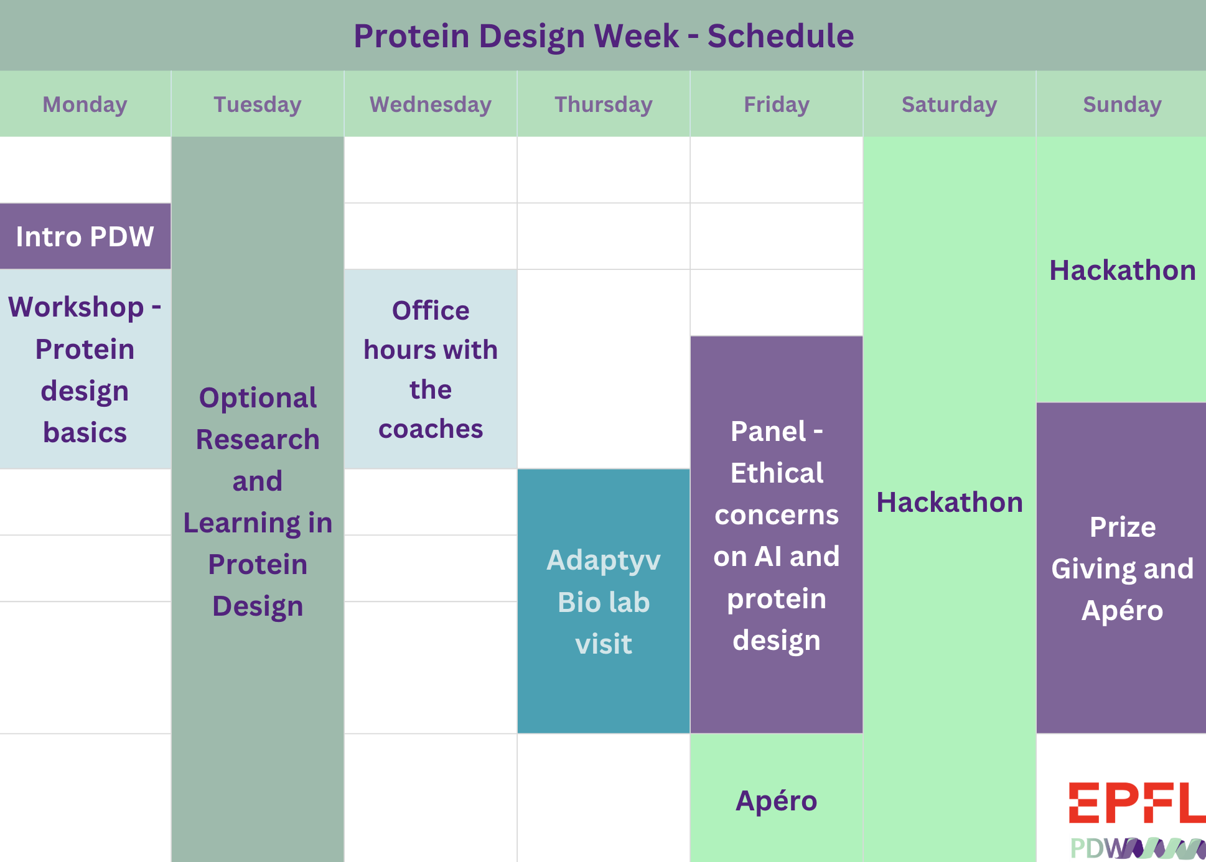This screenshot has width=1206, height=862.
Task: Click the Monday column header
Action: (85, 104)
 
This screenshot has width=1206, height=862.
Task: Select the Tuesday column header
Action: (257, 104)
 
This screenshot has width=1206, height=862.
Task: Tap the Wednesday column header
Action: (430, 104)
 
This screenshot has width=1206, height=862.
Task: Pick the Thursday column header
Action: (603, 104)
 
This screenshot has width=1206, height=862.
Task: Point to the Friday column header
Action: (776, 104)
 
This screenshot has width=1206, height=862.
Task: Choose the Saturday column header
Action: (949, 104)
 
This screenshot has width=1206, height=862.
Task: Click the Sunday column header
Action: (1122, 104)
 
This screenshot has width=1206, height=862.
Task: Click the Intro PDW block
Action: (85, 236)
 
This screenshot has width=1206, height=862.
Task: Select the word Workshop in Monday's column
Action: (76, 307)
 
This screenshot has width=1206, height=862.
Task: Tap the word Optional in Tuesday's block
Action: (257, 398)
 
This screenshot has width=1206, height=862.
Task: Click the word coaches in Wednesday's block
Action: (430, 429)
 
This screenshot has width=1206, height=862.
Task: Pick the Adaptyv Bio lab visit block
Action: (603, 601)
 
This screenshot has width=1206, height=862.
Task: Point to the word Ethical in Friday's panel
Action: (776, 473)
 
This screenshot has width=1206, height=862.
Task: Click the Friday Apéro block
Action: (776, 800)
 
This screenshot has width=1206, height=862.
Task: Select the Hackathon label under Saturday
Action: (949, 502)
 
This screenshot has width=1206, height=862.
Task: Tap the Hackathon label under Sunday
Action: (1122, 271)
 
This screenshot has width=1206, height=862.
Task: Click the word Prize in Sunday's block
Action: (1122, 527)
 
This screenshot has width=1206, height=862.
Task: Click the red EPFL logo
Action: (1136, 802)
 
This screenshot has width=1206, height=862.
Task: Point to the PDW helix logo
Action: (1136, 848)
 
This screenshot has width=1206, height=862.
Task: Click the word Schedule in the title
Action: (780, 36)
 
